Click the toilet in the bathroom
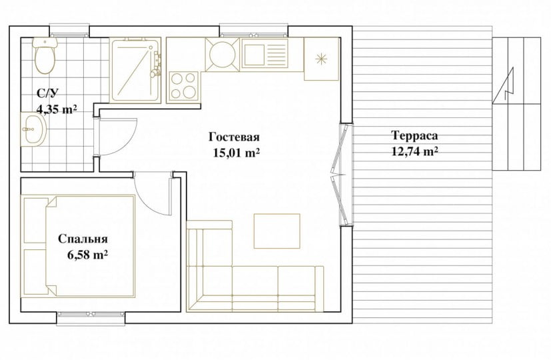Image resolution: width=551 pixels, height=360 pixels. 45,55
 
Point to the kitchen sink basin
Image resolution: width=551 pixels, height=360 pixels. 255,55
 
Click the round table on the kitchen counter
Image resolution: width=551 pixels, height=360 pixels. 223,55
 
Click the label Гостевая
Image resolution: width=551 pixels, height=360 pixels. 234,137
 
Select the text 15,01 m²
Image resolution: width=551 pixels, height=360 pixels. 236,153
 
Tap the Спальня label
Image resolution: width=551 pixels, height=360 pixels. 83,239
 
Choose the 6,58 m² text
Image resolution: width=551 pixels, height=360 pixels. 87,255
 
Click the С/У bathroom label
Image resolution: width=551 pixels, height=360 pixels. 47,93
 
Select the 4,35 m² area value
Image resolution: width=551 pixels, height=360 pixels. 57,109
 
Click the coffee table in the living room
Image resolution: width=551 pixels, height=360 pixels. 277,231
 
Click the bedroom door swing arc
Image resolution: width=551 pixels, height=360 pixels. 147,201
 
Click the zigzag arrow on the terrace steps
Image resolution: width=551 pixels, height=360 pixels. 504,85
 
